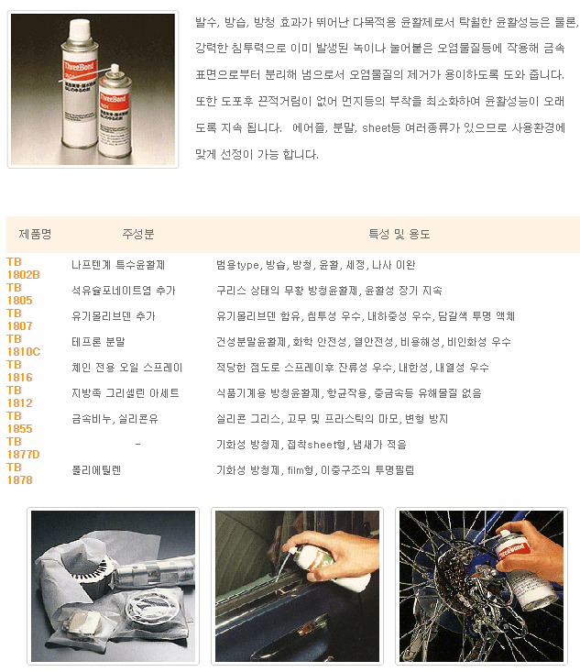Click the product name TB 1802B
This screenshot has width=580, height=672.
[23, 269]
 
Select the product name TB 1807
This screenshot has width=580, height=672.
[20, 320]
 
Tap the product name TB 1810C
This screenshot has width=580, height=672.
[24, 346]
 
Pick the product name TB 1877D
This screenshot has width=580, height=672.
[23, 448]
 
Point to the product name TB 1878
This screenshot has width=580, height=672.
[20, 474]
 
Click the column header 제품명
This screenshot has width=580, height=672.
[35, 234]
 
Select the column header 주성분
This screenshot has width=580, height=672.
[138, 234]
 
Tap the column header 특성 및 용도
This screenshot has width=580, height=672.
[399, 234]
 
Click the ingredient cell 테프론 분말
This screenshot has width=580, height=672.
[98, 342]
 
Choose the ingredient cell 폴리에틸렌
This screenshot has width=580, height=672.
[96, 470]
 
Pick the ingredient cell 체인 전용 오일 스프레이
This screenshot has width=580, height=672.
[126, 368]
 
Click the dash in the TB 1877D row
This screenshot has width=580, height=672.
[137, 445]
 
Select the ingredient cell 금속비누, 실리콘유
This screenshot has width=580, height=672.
[115, 419]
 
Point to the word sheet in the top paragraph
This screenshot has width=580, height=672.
[376, 128]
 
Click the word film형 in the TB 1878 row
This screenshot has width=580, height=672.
[301, 470]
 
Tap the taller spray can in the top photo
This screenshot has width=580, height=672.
[79, 83]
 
